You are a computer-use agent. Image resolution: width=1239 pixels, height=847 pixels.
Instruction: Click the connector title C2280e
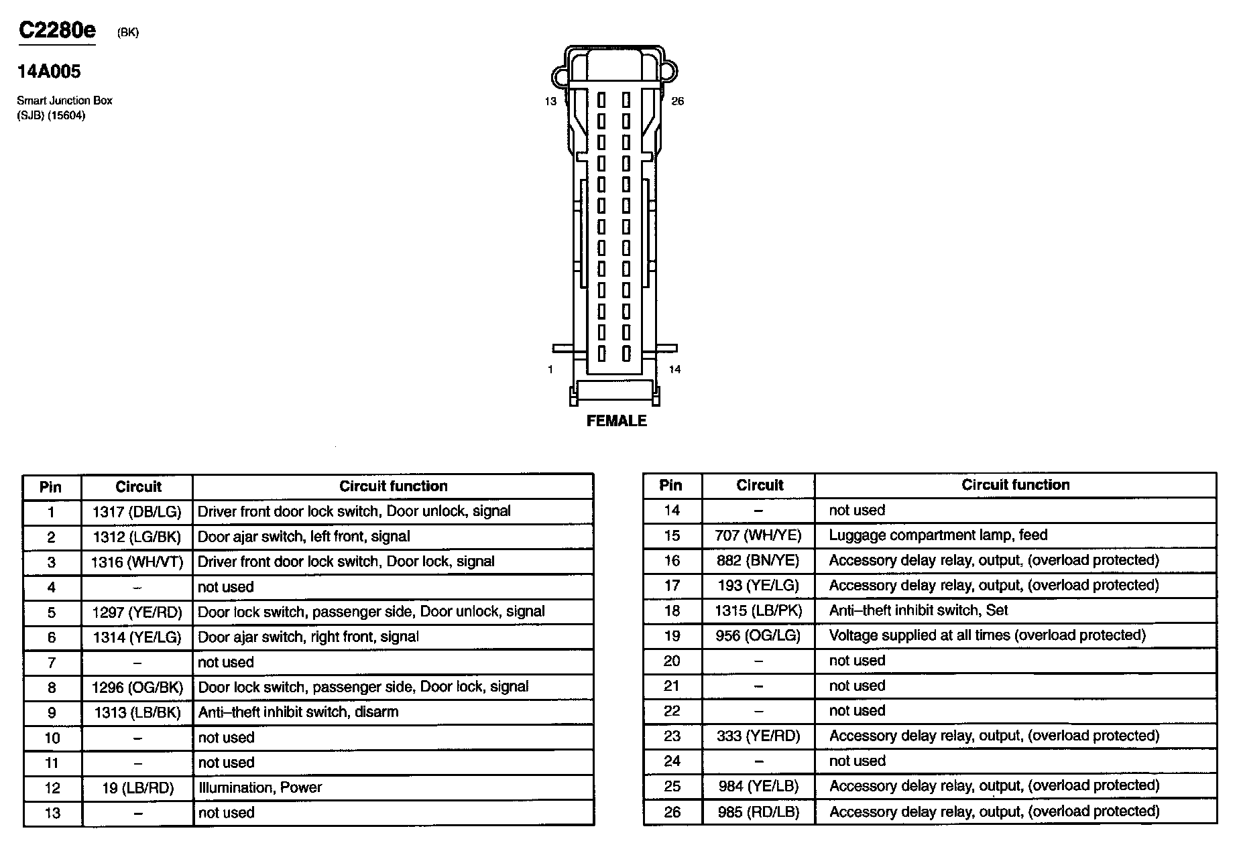[x=57, y=30]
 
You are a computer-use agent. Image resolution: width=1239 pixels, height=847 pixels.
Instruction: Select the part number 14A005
[x=49, y=72]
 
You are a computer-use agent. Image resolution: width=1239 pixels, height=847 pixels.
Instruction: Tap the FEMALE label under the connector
[x=616, y=421]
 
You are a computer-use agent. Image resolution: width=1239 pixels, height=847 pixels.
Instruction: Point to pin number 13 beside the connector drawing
[x=550, y=102]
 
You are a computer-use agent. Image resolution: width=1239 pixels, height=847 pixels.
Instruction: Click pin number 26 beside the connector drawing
[x=678, y=101]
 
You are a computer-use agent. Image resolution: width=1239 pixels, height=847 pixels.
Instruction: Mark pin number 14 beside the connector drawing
[x=674, y=369]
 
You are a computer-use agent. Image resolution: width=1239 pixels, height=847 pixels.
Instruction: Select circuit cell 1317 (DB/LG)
[x=137, y=512]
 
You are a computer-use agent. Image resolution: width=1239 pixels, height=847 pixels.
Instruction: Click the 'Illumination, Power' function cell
[x=260, y=787]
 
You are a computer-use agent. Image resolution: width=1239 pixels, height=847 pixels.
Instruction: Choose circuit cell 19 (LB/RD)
[x=137, y=788]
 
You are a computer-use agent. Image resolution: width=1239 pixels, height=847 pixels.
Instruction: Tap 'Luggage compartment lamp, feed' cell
[x=938, y=535]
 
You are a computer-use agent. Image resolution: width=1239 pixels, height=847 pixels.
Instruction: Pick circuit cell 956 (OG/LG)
[x=758, y=635]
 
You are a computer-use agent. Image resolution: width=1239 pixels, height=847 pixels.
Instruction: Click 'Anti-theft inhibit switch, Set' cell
[x=919, y=610]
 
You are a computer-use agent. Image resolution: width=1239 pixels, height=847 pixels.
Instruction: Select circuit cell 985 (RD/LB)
[x=758, y=812]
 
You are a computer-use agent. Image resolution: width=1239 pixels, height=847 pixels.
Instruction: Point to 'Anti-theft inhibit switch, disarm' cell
[x=298, y=712]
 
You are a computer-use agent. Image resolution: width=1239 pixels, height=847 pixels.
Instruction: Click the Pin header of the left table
[x=51, y=487]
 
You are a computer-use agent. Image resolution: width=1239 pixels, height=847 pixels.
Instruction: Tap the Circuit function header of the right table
[x=1015, y=485]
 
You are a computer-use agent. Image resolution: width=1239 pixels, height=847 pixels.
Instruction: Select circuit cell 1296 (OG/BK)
[x=137, y=688]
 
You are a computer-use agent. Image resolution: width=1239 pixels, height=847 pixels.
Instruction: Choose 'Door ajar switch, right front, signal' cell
[x=308, y=637]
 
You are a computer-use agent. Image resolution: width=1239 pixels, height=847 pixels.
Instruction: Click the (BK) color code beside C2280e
[x=127, y=32]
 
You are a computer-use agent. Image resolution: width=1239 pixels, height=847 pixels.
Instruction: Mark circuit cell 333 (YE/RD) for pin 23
[x=758, y=736]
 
